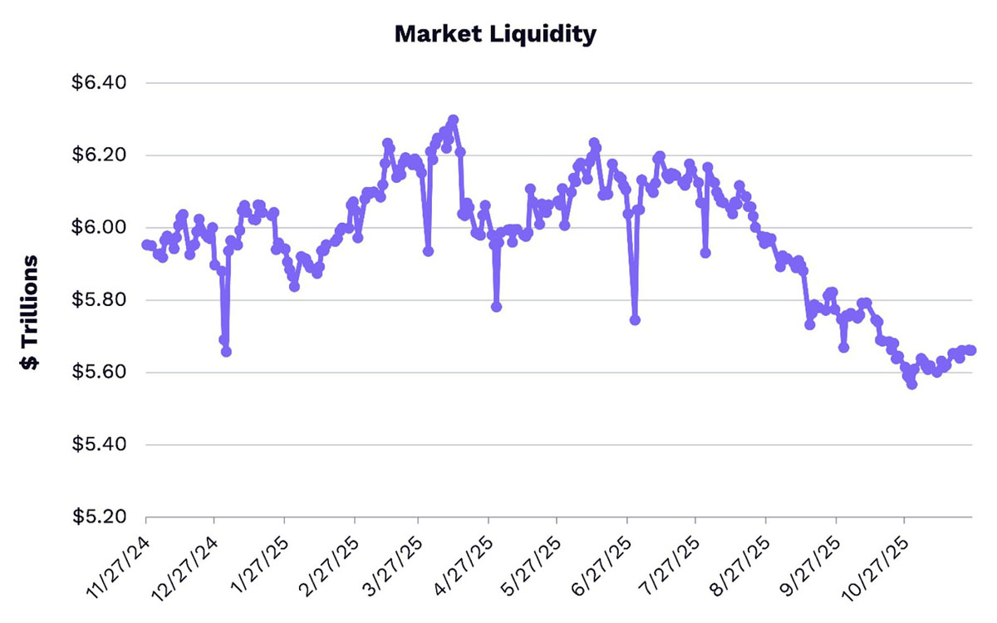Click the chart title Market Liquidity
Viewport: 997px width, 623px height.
coord(494,34)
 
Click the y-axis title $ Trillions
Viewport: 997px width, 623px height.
coord(30,312)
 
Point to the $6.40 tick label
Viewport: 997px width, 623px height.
coord(99,83)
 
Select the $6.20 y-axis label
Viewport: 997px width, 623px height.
coord(99,156)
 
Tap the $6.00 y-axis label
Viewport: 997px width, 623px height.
coord(99,228)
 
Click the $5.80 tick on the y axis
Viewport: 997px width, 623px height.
coord(99,300)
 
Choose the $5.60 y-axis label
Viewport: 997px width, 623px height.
coord(99,373)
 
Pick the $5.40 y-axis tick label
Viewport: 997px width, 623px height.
coord(99,445)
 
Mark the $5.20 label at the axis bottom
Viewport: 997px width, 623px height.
coord(99,517)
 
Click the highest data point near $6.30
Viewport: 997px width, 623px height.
coord(453,120)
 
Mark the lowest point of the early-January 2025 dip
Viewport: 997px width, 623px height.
coord(226,352)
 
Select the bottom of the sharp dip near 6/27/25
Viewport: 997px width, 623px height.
coord(635,319)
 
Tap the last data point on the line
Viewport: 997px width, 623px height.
coord(971,350)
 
